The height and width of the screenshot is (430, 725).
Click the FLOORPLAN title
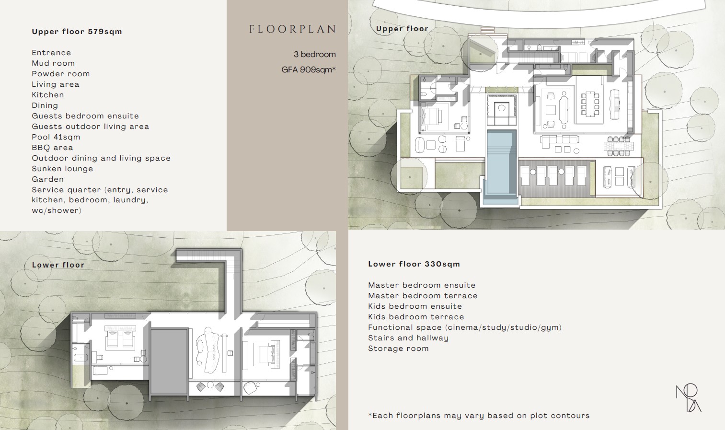[292, 29]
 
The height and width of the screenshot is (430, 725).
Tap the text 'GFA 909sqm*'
[309, 70]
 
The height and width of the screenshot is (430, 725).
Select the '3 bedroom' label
[315, 54]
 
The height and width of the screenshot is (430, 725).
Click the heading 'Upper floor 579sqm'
[77, 32]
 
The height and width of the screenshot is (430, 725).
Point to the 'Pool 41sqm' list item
[56, 137]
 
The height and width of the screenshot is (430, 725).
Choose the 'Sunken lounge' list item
[62, 169]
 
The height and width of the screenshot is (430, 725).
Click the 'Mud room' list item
[53, 63]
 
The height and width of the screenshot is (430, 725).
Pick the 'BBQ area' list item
[52, 148]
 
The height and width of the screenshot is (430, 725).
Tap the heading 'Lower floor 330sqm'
[414, 264]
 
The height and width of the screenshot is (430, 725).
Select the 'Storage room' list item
[398, 349]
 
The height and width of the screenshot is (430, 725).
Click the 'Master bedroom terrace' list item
[423, 296]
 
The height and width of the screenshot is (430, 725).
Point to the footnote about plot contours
[479, 416]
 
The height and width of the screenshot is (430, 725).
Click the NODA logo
[689, 398]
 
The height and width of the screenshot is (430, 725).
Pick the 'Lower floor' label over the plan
[58, 265]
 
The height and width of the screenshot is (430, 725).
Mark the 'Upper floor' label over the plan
[403, 29]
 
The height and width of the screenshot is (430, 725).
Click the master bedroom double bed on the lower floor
[119, 337]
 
